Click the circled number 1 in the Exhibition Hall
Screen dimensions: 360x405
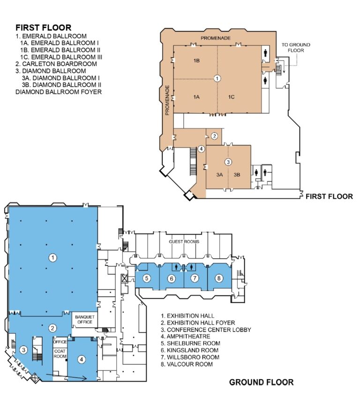click(x=52, y=257)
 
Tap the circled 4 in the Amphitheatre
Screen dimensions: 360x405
click(x=82, y=359)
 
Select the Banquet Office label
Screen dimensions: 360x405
click(x=85, y=320)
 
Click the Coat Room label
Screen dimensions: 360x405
click(x=60, y=353)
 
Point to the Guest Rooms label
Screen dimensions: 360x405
click(x=184, y=241)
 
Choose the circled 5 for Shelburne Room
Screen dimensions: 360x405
click(x=147, y=278)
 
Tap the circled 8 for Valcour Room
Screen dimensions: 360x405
click(x=219, y=278)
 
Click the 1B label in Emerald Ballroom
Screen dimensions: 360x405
click(x=196, y=60)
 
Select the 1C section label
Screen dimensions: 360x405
click(x=232, y=97)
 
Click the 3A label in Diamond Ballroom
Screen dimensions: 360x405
click(x=219, y=174)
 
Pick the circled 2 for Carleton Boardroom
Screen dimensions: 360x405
click(x=214, y=136)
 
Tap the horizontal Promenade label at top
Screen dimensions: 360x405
click(x=216, y=38)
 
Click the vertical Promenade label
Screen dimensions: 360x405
click(x=167, y=100)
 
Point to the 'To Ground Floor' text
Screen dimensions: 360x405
click(x=296, y=47)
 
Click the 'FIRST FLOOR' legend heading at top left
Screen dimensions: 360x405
click(x=44, y=28)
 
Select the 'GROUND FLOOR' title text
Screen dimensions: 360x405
click(x=262, y=382)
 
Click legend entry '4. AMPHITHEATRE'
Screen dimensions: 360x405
click(x=186, y=336)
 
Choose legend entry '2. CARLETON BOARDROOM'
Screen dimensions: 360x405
click(x=56, y=64)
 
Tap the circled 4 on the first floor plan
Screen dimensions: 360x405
click(x=201, y=149)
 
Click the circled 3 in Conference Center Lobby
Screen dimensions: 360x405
click(x=24, y=350)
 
